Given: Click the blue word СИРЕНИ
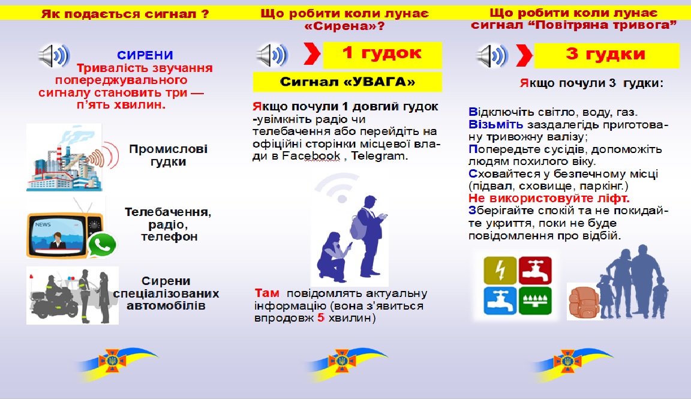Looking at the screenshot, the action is tap(145, 55).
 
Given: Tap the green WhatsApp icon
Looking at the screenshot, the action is tap(102, 245).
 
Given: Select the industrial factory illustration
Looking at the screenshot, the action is tap(66, 158).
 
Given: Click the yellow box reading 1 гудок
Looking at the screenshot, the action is tap(383, 55).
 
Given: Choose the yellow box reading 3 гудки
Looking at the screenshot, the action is tap(606, 55).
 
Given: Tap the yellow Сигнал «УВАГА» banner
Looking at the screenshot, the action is tap(347, 82).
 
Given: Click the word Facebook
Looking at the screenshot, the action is tap(311, 155).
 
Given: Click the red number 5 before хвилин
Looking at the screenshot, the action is tap(321, 317).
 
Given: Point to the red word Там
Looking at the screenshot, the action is tap(266, 293).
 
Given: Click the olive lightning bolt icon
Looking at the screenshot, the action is tap(500, 270).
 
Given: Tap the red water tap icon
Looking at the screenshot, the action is tap(535, 270).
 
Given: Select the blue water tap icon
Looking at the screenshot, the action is tap(500, 301).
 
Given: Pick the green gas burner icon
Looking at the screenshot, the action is tap(535, 301).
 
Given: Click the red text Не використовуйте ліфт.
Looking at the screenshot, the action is tap(549, 198).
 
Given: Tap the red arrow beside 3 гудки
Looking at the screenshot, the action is tap(524, 55).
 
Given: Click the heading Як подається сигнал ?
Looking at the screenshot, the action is tap(125, 14).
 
